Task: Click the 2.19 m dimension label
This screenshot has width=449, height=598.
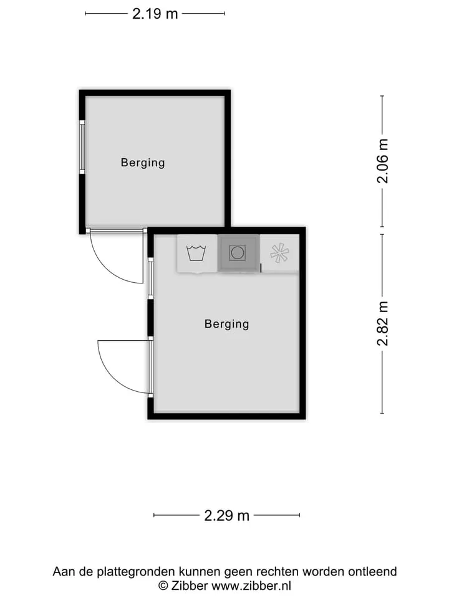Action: click(155, 14)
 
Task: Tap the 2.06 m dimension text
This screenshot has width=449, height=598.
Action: click(382, 161)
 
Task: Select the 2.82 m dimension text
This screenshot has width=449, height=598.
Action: click(382, 323)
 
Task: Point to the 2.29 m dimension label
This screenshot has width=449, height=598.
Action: click(226, 516)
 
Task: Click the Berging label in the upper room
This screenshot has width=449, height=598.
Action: click(143, 163)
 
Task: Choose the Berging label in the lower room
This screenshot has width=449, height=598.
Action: click(227, 324)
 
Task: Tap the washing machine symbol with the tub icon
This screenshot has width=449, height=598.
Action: click(196, 254)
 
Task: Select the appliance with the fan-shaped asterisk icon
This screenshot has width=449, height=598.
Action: click(279, 254)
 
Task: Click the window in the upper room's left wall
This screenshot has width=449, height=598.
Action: click(82, 147)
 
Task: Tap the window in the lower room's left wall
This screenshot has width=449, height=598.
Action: click(150, 278)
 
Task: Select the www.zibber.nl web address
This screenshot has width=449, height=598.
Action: click(251, 586)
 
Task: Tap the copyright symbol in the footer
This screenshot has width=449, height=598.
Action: click(163, 586)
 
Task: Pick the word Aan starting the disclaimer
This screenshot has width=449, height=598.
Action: click(63, 572)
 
